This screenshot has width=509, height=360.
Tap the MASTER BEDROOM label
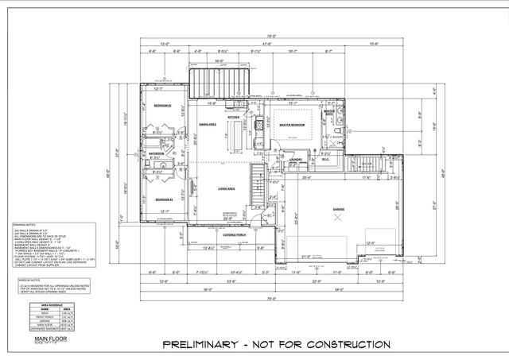293,124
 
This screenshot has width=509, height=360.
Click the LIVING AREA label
225,188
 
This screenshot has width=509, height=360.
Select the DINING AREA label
208,125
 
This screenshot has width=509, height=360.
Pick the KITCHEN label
233,117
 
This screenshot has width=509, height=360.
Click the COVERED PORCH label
237,235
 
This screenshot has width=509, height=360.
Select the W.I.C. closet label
324,158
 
